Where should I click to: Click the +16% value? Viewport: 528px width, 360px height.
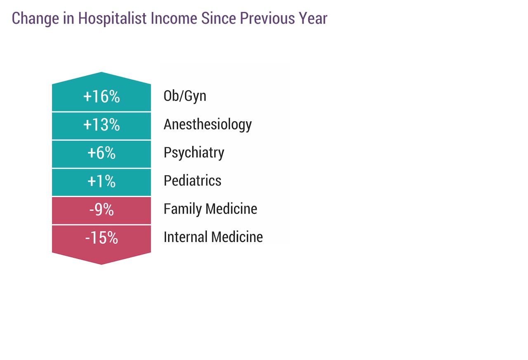pyautogui.click(x=101, y=97)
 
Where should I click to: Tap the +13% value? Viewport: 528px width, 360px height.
pyautogui.click(x=101, y=125)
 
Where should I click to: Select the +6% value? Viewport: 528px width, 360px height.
pyautogui.click(x=101, y=153)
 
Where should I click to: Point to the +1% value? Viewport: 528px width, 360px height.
pyautogui.click(x=101, y=181)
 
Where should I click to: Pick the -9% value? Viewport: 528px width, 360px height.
pyautogui.click(x=101, y=210)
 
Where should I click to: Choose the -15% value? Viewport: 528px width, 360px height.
pyautogui.click(x=101, y=238)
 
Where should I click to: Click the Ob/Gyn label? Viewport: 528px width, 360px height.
pyautogui.click(x=185, y=96)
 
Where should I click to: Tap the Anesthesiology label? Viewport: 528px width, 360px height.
pyautogui.click(x=207, y=125)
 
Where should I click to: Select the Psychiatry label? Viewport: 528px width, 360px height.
pyautogui.click(x=194, y=153)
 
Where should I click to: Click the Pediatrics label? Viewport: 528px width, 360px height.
pyautogui.click(x=192, y=181)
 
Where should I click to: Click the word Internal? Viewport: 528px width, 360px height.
pyautogui.click(x=186, y=237)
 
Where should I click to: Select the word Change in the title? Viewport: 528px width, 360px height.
pyautogui.click(x=32, y=19)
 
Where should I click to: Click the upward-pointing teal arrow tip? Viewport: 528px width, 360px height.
pyautogui.click(x=101, y=75)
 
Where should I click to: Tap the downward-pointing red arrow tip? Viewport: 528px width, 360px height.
pyautogui.click(x=101, y=261)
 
